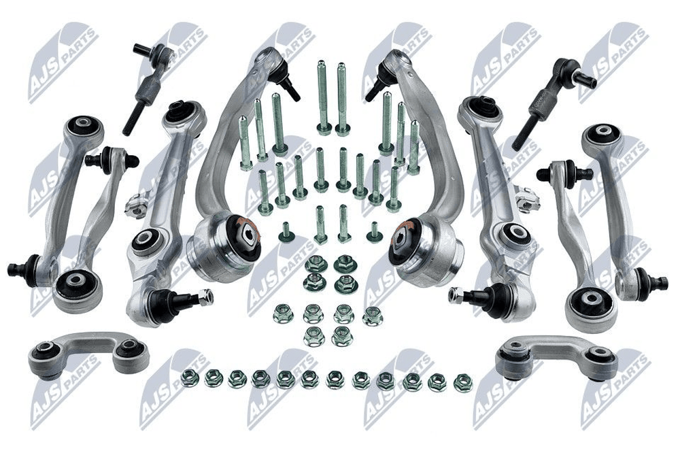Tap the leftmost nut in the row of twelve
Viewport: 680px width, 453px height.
(x=189, y=378)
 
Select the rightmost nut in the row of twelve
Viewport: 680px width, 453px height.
(x=463, y=384)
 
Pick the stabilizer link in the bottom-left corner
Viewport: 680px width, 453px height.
(x=88, y=354)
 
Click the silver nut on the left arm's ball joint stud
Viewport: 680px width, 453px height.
(x=205, y=297)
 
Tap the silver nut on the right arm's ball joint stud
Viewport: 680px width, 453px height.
(x=456, y=295)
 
